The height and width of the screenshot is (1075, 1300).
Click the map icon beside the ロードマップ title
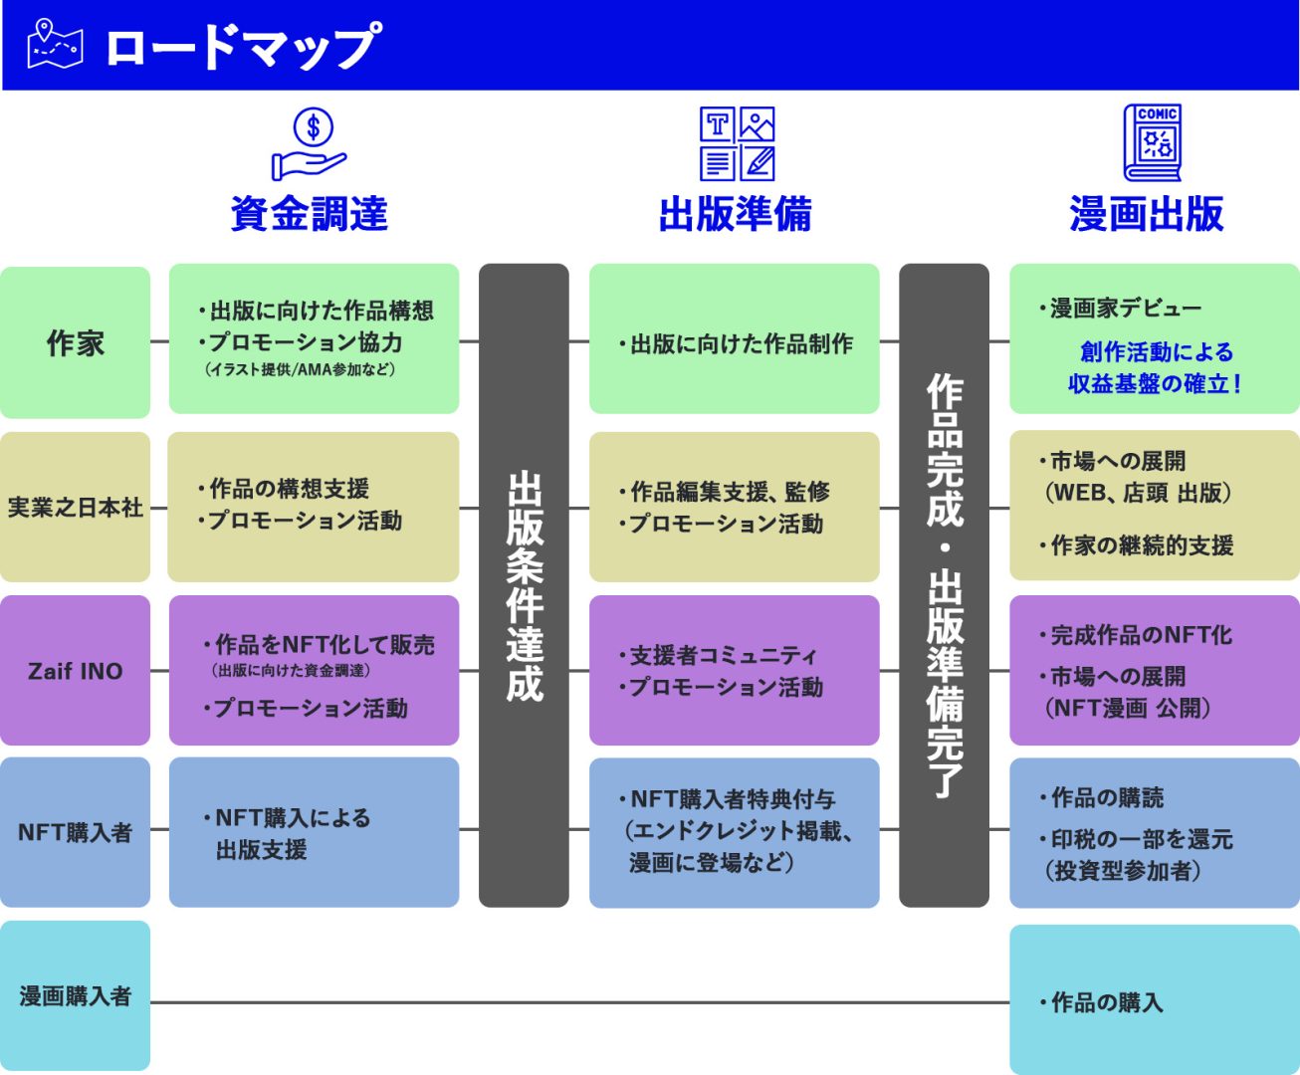(x=55, y=46)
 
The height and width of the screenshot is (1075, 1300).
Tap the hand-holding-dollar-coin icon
(x=310, y=145)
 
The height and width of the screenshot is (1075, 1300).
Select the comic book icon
(x=1153, y=143)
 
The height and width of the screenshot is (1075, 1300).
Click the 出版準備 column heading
(x=735, y=214)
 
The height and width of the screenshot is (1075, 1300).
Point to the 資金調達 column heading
(x=310, y=214)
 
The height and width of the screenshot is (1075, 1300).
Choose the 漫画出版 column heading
(x=1147, y=214)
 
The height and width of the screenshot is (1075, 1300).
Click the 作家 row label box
(x=75, y=342)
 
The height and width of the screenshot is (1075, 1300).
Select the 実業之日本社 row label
(x=75, y=508)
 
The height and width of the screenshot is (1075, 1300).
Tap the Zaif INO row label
(x=75, y=671)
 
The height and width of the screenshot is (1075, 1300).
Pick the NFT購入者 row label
(x=75, y=832)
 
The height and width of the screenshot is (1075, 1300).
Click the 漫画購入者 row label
(x=75, y=995)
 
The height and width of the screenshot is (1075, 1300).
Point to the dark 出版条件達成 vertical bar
(x=524, y=585)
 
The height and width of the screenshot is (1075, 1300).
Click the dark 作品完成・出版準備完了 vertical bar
(x=944, y=585)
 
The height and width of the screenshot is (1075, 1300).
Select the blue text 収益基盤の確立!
(x=1155, y=384)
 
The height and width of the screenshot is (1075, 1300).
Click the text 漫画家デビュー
(x=1125, y=309)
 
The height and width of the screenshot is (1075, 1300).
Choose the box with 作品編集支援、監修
(x=734, y=507)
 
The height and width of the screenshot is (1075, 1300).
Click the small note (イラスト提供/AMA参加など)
(x=301, y=370)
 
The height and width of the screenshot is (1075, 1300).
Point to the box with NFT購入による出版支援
(x=314, y=832)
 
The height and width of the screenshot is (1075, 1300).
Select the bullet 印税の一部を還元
(x=1141, y=839)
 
